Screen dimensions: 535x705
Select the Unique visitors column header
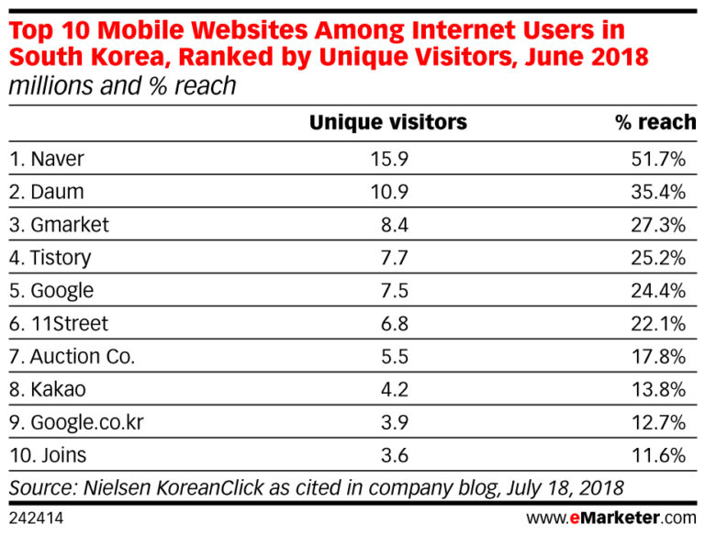pyautogui.click(x=387, y=122)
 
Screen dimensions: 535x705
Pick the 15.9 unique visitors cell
pyautogui.click(x=389, y=159)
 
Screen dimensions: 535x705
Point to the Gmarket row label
pyautogui.click(x=60, y=225)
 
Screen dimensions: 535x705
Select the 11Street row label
pyautogui.click(x=59, y=324)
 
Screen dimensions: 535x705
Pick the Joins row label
pyautogui.click(x=47, y=455)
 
